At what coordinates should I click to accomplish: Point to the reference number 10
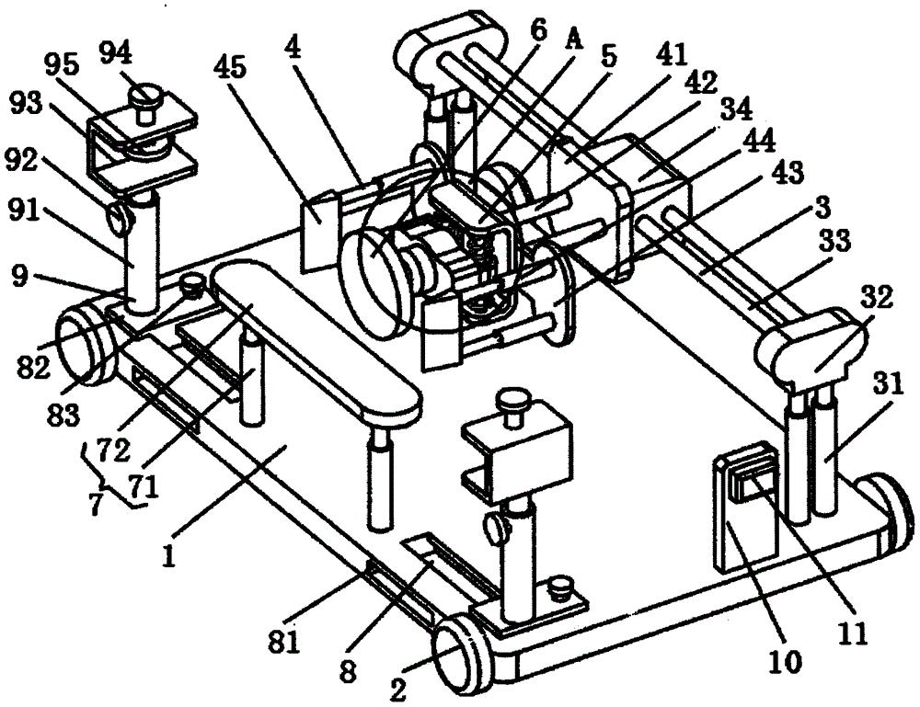point(788,659)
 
